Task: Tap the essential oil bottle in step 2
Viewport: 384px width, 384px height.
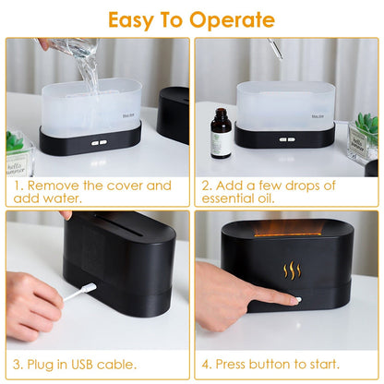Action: (x=221, y=134)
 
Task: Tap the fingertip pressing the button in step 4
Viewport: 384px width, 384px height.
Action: (x=294, y=299)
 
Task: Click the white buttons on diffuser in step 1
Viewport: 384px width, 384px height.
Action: (x=97, y=142)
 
